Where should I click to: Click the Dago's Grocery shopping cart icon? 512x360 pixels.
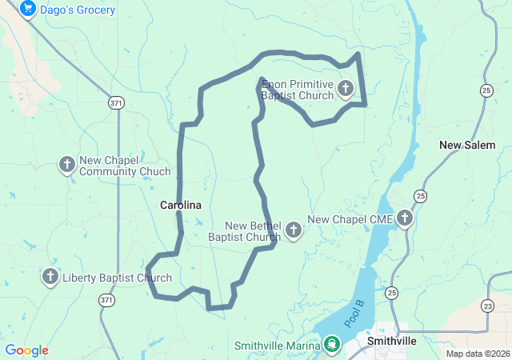tap(28, 10)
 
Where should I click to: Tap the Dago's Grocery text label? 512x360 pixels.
tap(77, 10)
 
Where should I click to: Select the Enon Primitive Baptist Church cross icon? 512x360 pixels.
tap(346, 88)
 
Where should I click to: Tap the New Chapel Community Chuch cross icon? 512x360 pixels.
tap(67, 165)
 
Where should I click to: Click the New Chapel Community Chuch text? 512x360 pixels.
tap(125, 166)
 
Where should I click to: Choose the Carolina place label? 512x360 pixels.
tap(181, 206)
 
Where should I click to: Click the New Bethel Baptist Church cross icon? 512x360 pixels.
tap(294, 230)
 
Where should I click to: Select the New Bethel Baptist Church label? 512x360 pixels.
tap(244, 231)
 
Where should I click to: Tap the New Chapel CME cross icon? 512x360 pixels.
tap(405, 218)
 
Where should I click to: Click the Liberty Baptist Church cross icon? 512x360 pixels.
tap(50, 277)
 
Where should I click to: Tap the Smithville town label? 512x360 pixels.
tap(391, 341)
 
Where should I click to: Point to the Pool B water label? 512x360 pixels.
tap(355, 313)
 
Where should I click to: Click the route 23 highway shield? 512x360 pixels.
tap(488, 305)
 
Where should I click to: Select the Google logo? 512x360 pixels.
tap(26, 350)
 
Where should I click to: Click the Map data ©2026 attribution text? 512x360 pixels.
tap(477, 354)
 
